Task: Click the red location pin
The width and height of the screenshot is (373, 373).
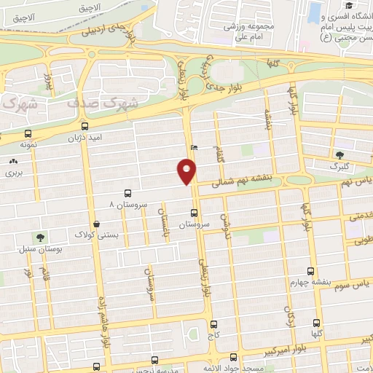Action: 186,171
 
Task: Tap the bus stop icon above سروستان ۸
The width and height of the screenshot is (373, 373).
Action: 128,193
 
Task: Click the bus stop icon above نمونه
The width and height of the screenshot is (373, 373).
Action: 28,134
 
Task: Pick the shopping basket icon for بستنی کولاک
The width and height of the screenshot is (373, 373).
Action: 97,224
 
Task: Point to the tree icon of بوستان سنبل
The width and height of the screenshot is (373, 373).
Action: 40,237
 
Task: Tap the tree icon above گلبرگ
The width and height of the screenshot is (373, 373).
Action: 339,154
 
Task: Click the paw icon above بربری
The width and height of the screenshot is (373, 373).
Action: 14,161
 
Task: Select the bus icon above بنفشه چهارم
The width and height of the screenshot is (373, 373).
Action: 310,271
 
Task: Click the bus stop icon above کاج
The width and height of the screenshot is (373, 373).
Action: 213,325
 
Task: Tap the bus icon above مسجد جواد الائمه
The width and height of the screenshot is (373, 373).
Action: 233,357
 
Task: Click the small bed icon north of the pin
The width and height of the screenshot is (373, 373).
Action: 193,147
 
